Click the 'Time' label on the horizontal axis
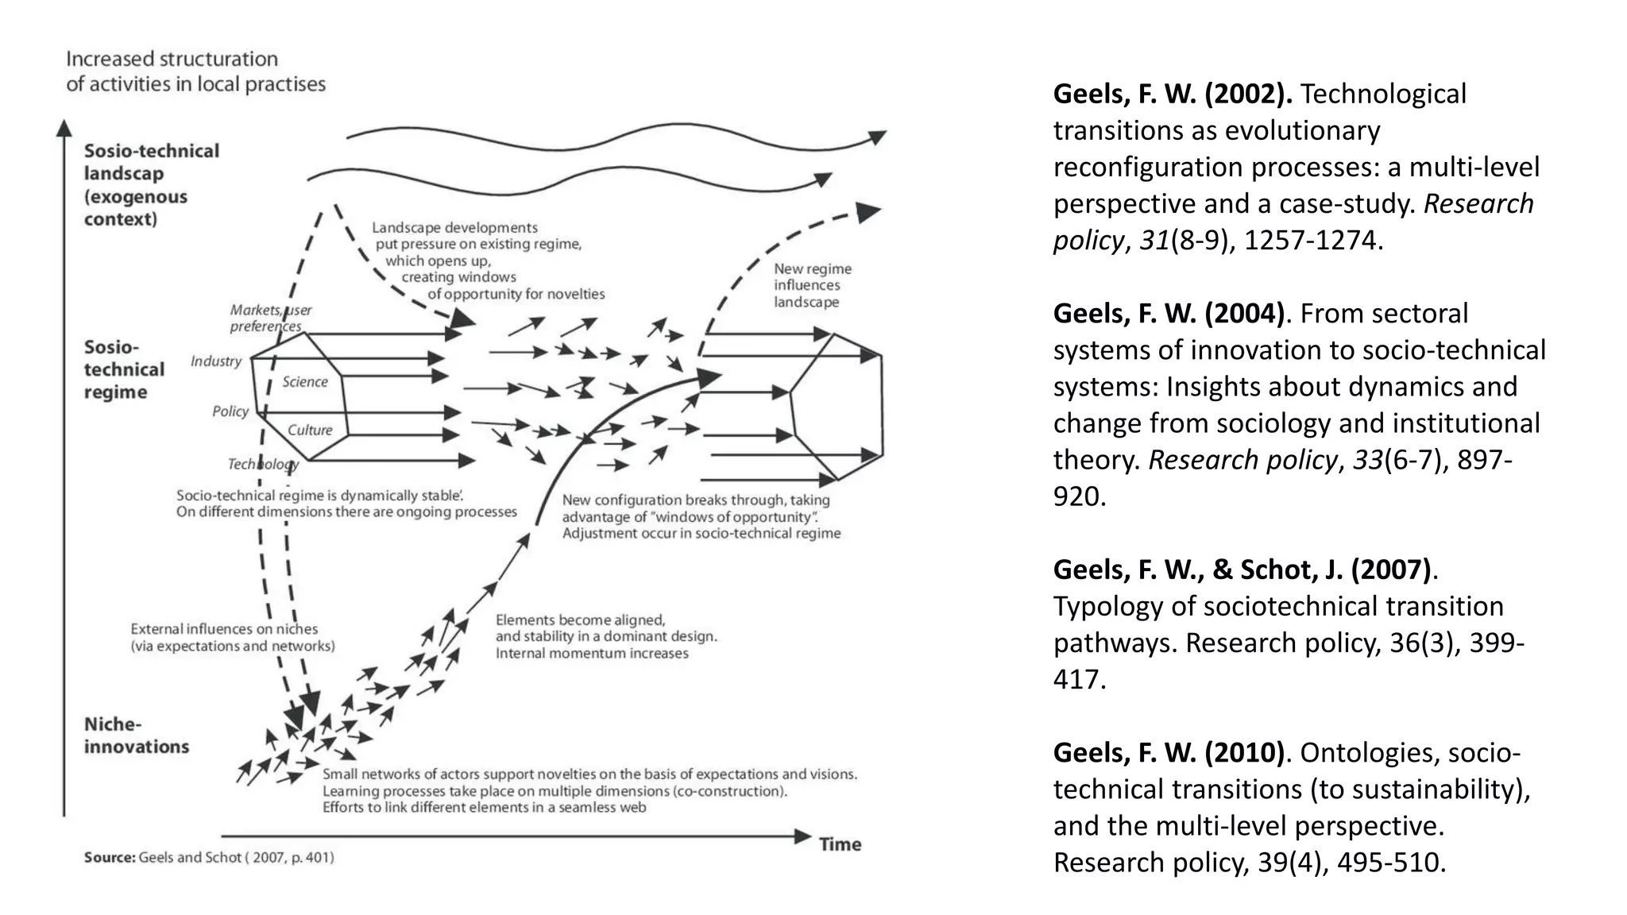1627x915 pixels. tap(840, 844)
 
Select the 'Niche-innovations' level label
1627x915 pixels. tap(136, 735)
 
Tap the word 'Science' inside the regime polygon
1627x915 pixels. tap(305, 382)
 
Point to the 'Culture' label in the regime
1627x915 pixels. tap(310, 430)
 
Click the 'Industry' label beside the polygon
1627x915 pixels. tap(216, 361)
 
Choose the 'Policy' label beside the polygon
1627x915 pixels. tap(230, 411)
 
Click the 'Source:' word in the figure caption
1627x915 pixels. tap(110, 858)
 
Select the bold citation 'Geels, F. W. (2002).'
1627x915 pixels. tap(1173, 94)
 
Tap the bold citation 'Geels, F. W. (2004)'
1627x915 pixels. tap(1169, 314)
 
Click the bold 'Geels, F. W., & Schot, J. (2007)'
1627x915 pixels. tap(1242, 569)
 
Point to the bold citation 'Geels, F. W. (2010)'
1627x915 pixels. tap(1169, 752)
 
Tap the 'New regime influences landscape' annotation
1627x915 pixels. tap(812, 286)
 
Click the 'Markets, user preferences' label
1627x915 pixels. tap(270, 318)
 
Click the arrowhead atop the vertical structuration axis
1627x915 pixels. tap(64, 129)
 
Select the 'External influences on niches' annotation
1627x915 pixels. tap(232, 637)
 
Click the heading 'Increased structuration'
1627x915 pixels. tap(172, 59)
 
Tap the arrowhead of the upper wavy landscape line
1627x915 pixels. tap(877, 137)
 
